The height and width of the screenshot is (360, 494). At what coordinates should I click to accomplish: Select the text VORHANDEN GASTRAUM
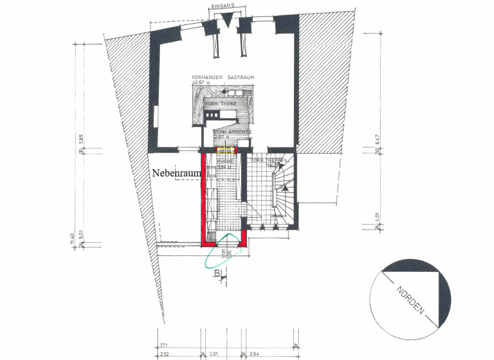click(x=223, y=78)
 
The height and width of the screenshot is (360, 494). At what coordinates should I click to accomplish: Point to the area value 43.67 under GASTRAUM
click(x=202, y=83)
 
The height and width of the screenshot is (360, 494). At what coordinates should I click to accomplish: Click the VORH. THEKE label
click(x=220, y=104)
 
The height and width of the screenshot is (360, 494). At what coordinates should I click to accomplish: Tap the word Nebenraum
click(x=176, y=174)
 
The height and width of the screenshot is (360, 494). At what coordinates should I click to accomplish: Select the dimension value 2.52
click(x=164, y=354)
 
